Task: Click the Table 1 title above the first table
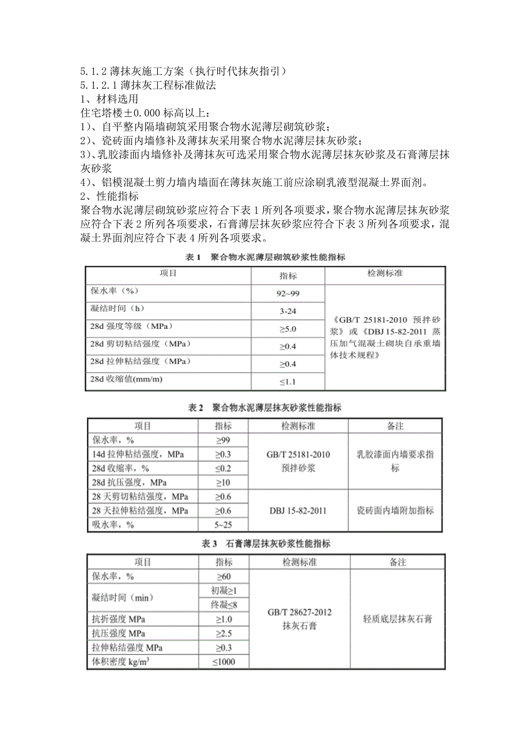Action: click(x=262, y=257)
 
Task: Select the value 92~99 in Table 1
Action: click(x=288, y=294)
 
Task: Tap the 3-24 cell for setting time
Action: click(x=288, y=312)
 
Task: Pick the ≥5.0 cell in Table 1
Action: click(x=288, y=329)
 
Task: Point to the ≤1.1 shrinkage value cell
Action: click(x=288, y=381)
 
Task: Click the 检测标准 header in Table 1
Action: click(x=385, y=274)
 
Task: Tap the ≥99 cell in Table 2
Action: click(x=224, y=441)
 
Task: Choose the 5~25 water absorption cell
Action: click(x=224, y=524)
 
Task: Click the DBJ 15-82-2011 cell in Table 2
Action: click(x=298, y=510)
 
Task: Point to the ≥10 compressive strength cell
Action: click(x=224, y=482)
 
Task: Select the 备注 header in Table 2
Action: click(x=395, y=426)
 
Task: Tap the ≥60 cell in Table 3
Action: click(x=224, y=577)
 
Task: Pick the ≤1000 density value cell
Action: click(x=224, y=662)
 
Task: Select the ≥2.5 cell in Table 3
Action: click(x=224, y=633)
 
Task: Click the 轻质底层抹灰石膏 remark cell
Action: click(x=397, y=619)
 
